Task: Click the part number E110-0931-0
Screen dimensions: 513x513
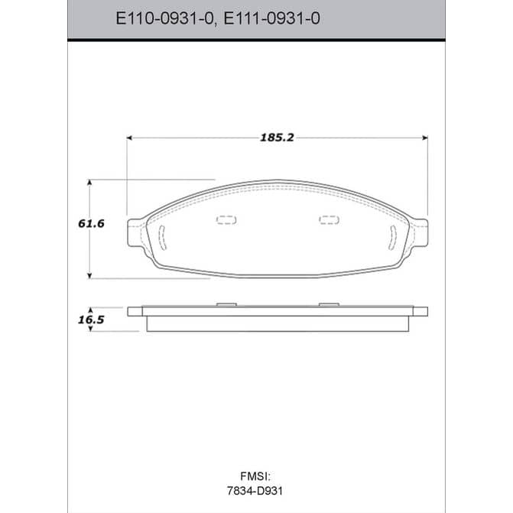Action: (164, 18)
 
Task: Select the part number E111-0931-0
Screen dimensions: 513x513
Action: (271, 18)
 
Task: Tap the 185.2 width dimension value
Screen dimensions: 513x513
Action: (277, 138)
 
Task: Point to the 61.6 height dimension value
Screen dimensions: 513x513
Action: (91, 224)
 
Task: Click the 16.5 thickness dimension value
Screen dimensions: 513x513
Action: (91, 320)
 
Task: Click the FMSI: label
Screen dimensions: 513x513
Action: (255, 476)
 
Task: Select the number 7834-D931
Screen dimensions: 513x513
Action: (255, 491)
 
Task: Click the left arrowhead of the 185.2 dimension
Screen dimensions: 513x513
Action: (129, 138)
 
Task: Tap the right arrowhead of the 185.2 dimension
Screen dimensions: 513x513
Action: (425, 138)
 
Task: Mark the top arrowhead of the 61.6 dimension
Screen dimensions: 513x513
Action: (89, 182)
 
